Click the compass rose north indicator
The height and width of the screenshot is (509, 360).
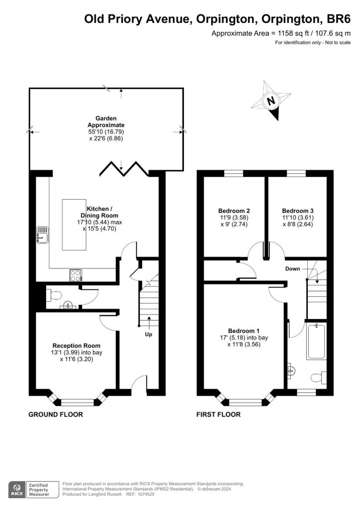271,101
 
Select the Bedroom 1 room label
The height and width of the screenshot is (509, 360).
244,331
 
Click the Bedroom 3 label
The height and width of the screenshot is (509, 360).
297,210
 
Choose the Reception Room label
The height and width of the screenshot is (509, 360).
77,345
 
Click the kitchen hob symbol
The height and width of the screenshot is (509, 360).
76,275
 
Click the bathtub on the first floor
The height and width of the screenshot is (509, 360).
316,341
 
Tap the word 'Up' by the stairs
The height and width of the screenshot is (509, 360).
148,335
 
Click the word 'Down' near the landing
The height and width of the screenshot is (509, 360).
293,269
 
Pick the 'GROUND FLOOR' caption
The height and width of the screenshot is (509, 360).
56,414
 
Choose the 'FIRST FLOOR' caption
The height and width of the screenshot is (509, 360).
218,414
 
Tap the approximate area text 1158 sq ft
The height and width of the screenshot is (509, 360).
281,33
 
